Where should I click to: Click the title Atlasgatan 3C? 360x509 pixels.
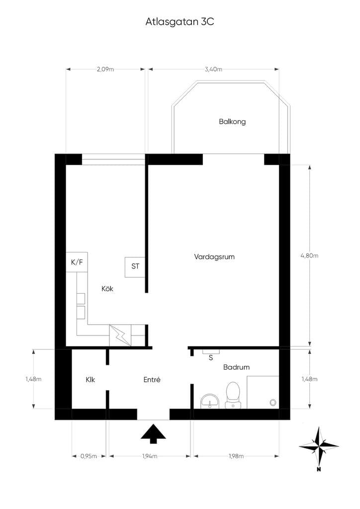click(x=180, y=22)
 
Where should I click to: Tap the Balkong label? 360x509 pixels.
click(x=232, y=122)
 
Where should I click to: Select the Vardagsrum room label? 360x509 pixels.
click(x=214, y=257)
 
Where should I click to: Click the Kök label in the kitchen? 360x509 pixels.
click(x=107, y=289)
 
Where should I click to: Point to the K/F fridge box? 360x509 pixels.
click(x=77, y=262)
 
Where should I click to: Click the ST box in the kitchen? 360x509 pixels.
click(x=135, y=267)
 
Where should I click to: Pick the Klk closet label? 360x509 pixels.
click(x=90, y=379)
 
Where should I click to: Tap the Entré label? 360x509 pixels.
click(x=152, y=379)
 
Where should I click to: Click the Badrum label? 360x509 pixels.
click(x=236, y=367)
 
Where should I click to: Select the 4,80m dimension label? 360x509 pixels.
click(x=309, y=255)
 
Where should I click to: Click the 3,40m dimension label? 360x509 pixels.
click(x=213, y=69)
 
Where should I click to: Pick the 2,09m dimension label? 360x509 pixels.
click(x=105, y=69)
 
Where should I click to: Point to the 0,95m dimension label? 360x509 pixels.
click(x=89, y=456)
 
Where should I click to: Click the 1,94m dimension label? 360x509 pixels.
click(x=150, y=456)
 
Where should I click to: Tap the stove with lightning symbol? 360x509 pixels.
click(x=120, y=336)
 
